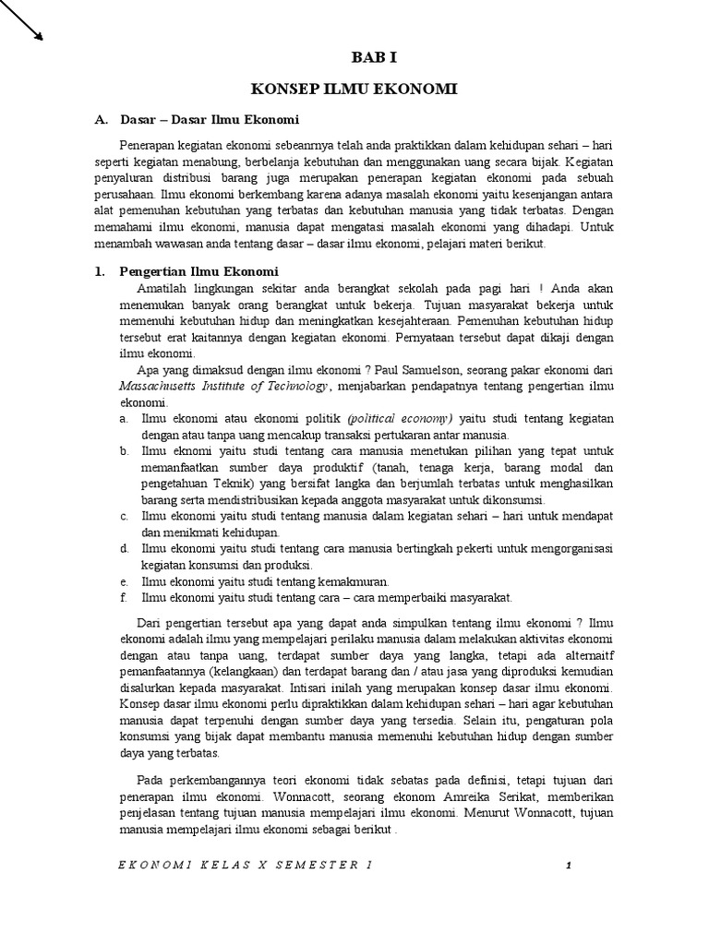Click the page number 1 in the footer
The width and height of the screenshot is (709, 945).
[570, 865]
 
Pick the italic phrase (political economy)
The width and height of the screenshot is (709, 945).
[400, 418]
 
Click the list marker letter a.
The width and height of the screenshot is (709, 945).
[123, 418]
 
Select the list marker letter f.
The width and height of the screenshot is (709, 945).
[123, 597]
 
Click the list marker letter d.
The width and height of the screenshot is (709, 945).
[123, 548]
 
